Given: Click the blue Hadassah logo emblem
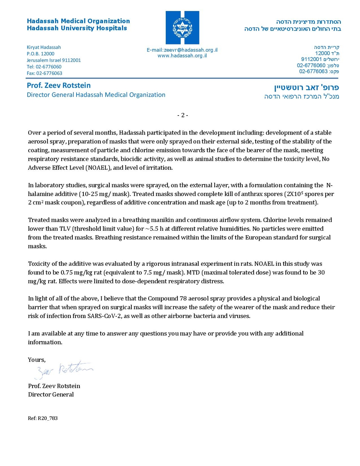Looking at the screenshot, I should [182, 28].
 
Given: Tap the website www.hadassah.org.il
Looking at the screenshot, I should [182, 56].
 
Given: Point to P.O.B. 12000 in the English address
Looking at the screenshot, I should [41, 54].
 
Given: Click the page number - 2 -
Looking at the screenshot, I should [183, 115].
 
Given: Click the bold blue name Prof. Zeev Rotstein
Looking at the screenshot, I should [59, 86].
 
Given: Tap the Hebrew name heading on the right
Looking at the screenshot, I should [306, 88].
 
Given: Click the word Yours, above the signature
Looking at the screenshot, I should [37, 360].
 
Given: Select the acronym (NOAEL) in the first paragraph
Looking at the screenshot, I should [98, 168].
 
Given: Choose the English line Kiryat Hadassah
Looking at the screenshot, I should [44, 47].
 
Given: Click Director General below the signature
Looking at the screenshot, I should [51, 395].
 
